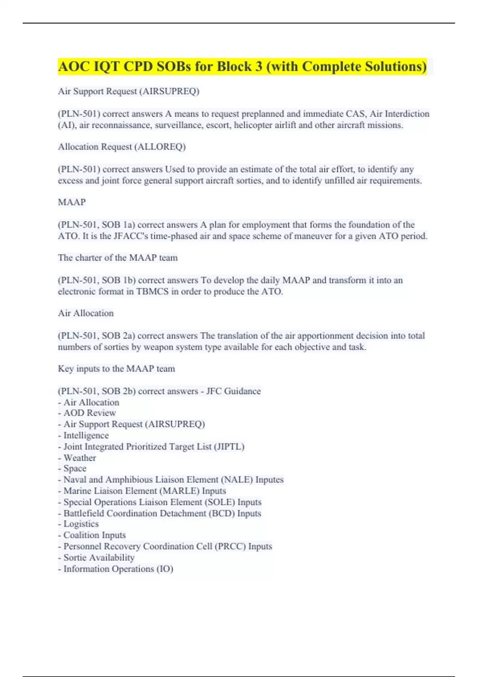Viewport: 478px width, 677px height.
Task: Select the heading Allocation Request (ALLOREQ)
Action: (x=122, y=147)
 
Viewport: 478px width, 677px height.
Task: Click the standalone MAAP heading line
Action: (x=72, y=202)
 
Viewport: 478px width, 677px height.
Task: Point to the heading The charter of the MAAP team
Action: (x=118, y=258)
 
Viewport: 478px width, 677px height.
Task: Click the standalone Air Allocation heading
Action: (x=86, y=313)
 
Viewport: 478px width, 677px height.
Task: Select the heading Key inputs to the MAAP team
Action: (x=116, y=368)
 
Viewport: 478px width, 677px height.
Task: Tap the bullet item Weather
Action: (x=80, y=458)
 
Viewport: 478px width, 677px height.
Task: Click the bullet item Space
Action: (x=75, y=468)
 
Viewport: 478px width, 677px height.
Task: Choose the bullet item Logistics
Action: (x=81, y=524)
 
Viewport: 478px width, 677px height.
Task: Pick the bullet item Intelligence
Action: (x=86, y=435)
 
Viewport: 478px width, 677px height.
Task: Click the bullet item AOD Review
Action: (x=90, y=413)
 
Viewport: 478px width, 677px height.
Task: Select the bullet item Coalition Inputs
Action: (x=94, y=535)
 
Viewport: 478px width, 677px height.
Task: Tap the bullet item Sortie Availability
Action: (x=99, y=558)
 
